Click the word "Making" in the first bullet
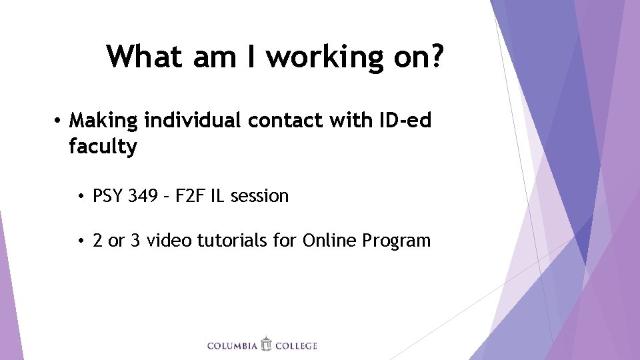pyautogui.click(x=103, y=121)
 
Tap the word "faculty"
pyautogui.click(x=102, y=147)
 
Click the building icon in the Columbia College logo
pyautogui.click(x=267, y=344)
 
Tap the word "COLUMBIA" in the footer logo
pyautogui.click(x=233, y=346)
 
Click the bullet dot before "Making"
pyautogui.click(x=59, y=121)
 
